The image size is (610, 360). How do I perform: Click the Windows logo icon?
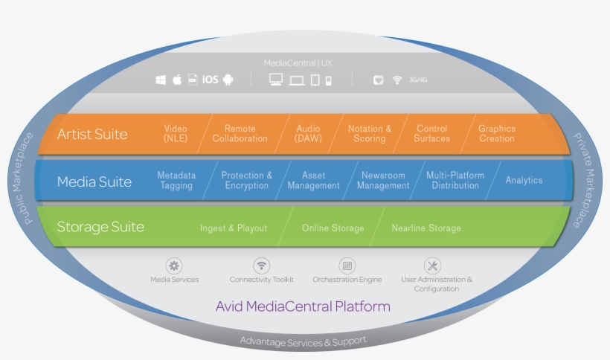(161, 80)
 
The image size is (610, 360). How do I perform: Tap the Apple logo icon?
(177, 80)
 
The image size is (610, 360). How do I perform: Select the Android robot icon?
(228, 80)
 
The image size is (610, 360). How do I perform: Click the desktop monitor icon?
(276, 80)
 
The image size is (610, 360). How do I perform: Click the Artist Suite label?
(92, 135)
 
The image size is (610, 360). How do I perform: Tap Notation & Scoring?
(370, 134)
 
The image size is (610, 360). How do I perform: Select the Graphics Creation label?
(497, 134)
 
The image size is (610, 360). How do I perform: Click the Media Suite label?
(94, 181)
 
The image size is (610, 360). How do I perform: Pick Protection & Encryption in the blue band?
(247, 181)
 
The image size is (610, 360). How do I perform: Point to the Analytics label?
(524, 181)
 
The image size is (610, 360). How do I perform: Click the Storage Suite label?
(100, 228)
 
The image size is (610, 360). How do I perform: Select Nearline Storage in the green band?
(426, 228)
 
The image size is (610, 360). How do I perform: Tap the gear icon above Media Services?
(174, 266)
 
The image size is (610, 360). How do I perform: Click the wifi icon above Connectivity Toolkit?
(261, 266)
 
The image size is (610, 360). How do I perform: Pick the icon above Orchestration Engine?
(347, 266)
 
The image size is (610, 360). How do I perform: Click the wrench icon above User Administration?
(432, 266)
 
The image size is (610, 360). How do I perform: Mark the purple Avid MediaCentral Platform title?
(303, 306)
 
